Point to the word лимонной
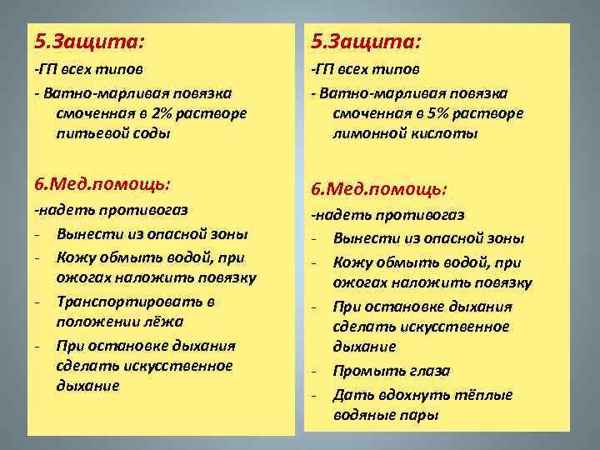click(367, 132)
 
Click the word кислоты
click(440, 132)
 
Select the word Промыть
click(367, 371)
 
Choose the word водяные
click(364, 414)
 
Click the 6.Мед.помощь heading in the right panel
click(380, 188)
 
